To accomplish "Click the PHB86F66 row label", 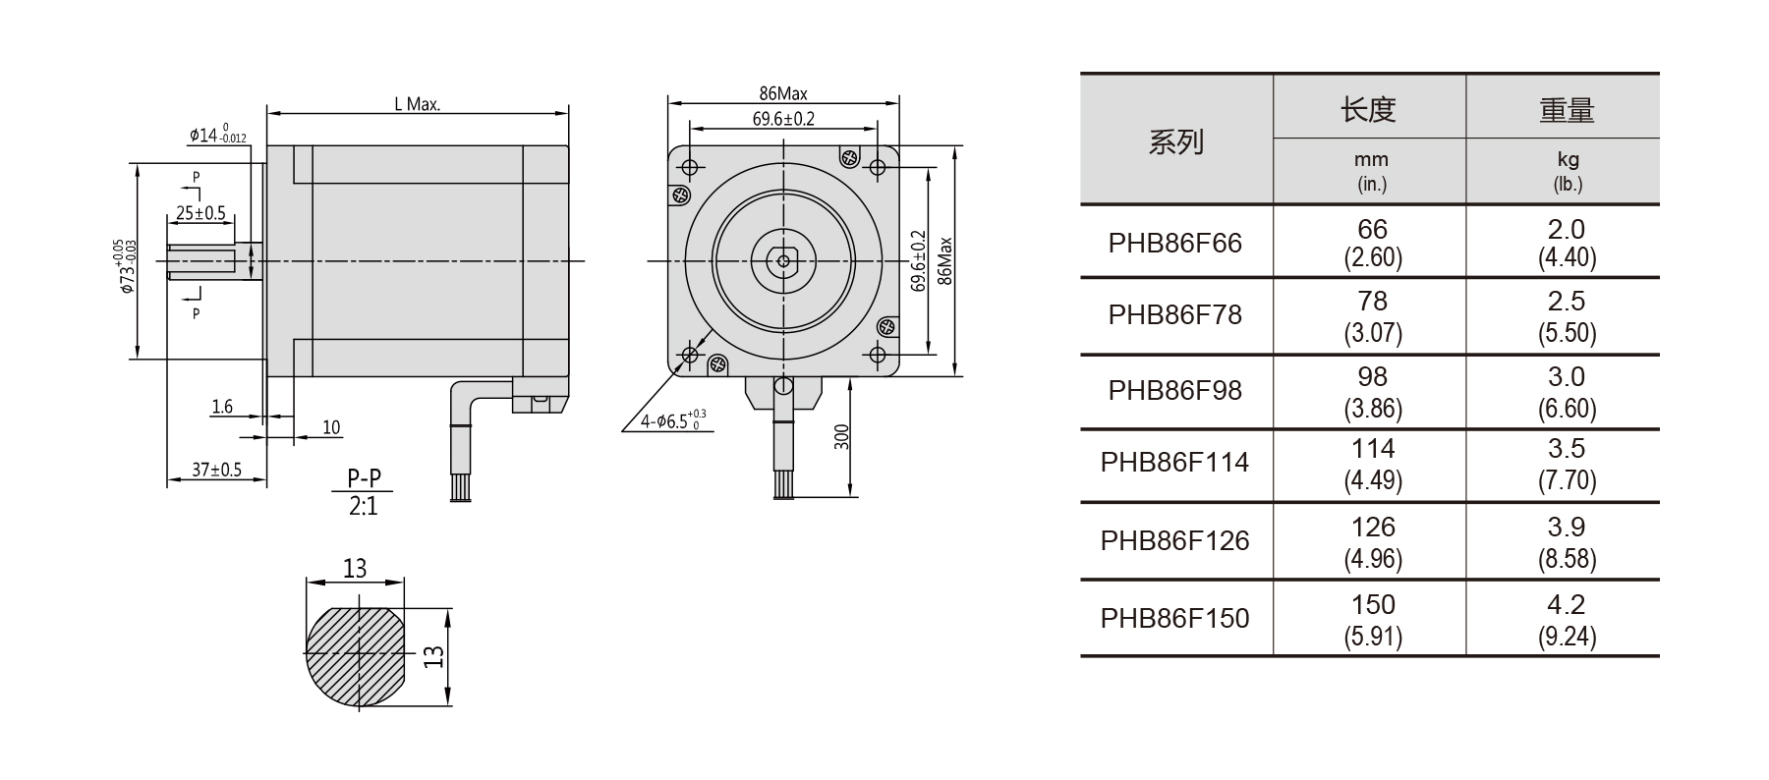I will (x=1174, y=243).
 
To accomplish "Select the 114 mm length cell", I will (x=1372, y=463).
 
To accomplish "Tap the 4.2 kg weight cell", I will (x=1566, y=619).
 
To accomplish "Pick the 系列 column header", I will (x=1175, y=142).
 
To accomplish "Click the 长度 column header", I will (x=1368, y=109).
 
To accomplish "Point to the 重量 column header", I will (x=1567, y=110).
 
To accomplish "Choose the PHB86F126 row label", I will (x=1174, y=540).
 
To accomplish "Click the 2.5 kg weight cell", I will (x=1566, y=315).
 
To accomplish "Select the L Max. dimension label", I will (x=417, y=104).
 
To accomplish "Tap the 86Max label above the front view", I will (x=783, y=94).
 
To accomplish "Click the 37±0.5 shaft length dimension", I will (x=216, y=470).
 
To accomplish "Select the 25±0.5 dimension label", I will (x=200, y=212).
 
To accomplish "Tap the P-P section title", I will (x=364, y=478).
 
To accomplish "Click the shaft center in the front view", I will (x=783, y=261).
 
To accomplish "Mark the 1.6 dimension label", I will (x=222, y=406).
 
